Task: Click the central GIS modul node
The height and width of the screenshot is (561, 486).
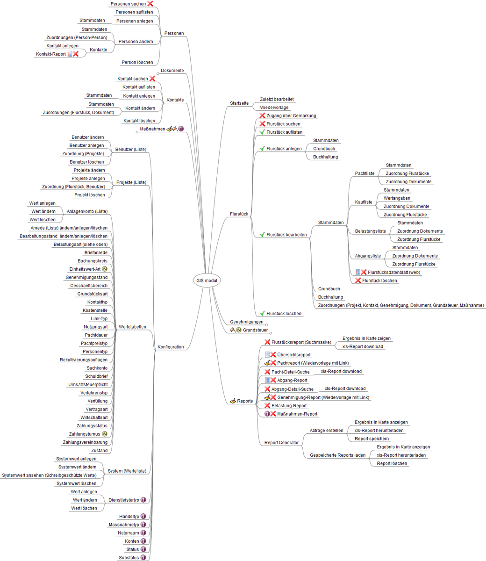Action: click(x=207, y=280)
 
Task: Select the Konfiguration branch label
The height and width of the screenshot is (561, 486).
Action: click(x=171, y=347)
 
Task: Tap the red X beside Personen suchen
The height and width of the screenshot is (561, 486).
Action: click(x=150, y=4)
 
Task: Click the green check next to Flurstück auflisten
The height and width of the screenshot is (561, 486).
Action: click(x=262, y=132)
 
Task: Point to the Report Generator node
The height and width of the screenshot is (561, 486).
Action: click(x=281, y=442)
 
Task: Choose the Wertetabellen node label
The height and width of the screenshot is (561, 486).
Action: click(x=132, y=327)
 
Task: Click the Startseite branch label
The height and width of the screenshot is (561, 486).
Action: click(x=239, y=103)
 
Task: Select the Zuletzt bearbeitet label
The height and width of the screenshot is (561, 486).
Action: click(x=277, y=99)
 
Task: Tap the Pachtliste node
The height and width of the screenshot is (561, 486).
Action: click(x=364, y=173)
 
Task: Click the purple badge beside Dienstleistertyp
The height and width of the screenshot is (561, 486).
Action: click(x=143, y=500)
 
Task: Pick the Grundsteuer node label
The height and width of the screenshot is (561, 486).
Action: click(x=255, y=330)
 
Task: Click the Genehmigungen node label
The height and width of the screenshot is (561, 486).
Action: click(x=247, y=322)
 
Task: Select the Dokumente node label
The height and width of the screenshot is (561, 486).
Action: click(x=172, y=71)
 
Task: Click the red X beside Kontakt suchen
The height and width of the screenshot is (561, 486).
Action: click(x=152, y=79)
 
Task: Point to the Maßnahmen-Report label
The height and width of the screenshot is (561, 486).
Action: click(x=297, y=414)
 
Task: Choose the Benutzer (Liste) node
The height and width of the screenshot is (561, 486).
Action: click(x=131, y=150)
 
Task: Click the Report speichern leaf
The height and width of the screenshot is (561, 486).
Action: click(x=372, y=439)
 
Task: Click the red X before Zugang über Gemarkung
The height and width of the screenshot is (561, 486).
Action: click(x=262, y=115)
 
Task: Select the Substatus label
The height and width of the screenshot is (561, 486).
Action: click(x=129, y=557)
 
